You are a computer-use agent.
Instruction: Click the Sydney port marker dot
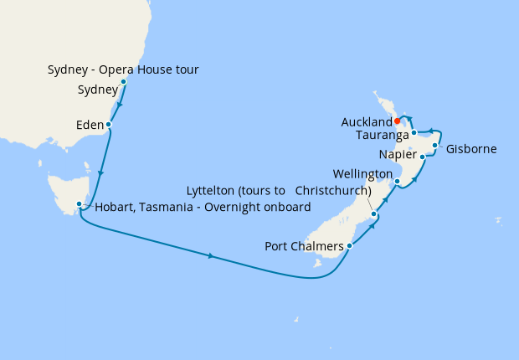pos(123,82)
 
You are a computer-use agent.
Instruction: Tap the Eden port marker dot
pos(109,125)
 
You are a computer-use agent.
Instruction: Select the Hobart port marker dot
pos(79,204)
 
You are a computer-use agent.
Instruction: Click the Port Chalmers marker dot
pos(349,246)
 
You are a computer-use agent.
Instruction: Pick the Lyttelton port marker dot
pos(373,214)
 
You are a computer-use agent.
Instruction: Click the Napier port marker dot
pos(422,157)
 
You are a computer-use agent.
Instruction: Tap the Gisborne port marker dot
pos(434,146)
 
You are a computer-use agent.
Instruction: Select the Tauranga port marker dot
pos(414,133)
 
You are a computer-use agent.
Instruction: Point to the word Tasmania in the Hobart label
pos(162,207)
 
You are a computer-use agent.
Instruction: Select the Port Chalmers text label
pos(305,246)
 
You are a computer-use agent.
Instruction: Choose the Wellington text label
pos(362,173)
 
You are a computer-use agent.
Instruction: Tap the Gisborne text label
pos(471,149)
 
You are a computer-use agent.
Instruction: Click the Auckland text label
pos(367,122)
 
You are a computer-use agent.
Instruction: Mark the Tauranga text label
pos(382,135)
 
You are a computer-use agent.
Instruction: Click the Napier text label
pos(396,154)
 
